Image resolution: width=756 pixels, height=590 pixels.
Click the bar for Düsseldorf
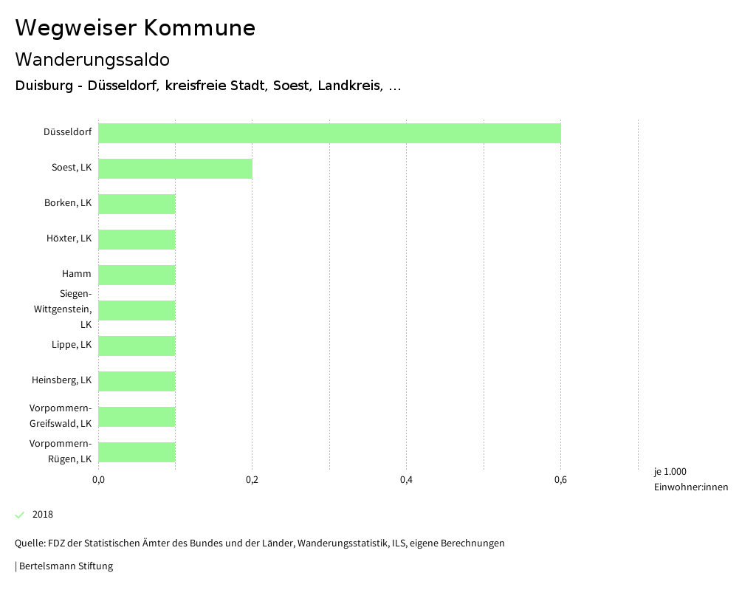click(329, 133)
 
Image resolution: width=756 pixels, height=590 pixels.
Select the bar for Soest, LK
click(175, 168)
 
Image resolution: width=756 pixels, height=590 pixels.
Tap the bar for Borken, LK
click(137, 204)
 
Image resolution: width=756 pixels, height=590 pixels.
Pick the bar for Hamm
click(137, 275)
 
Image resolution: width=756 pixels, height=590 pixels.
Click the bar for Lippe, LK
click(137, 346)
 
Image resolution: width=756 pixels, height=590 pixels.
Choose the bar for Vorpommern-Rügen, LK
click(137, 452)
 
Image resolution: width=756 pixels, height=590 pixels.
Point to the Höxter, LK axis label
click(69, 239)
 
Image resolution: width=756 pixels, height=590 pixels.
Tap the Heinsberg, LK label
click(61, 380)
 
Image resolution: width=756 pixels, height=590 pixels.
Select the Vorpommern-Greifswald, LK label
click(61, 416)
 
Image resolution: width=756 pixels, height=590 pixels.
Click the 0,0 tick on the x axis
click(98, 481)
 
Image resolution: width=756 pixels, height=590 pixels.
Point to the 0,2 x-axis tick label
click(252, 481)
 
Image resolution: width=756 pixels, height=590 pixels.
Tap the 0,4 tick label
click(406, 481)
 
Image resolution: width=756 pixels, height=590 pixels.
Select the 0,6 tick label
click(560, 481)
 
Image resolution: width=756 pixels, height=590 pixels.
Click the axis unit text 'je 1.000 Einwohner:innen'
click(690, 479)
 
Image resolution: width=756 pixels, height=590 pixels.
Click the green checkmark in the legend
click(20, 515)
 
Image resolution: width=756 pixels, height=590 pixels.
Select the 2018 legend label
click(43, 515)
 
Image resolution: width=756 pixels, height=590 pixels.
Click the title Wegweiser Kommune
click(135, 28)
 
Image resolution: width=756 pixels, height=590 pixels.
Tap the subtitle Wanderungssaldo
click(92, 59)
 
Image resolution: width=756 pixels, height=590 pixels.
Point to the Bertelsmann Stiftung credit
click(64, 566)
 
